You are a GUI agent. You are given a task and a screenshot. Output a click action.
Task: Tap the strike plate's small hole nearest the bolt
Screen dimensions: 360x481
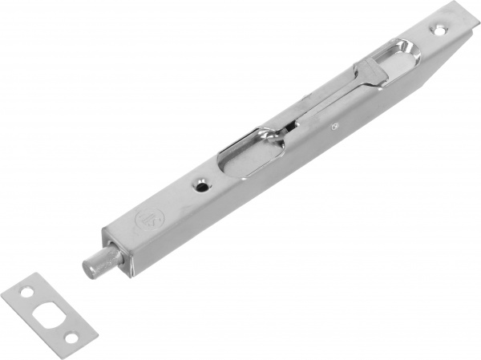click(x=71, y=337)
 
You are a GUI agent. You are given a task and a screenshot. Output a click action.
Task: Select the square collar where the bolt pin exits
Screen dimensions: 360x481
click(x=113, y=245)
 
